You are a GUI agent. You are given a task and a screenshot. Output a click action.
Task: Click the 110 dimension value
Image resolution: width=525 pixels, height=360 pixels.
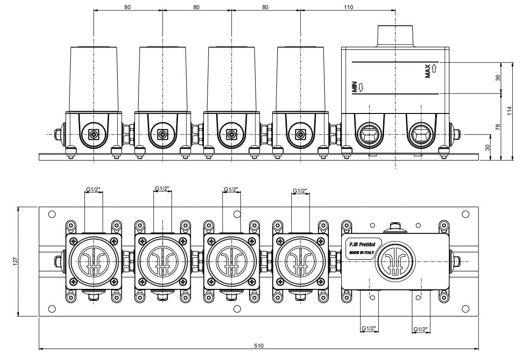[x=348, y=7]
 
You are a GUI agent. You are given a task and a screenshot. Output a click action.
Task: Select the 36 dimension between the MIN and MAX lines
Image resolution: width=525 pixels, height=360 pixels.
[x=498, y=78]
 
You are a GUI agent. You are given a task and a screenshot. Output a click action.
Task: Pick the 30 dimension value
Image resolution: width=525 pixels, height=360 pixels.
[x=487, y=147]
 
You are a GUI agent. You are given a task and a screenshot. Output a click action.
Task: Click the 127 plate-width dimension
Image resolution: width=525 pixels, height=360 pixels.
[x=15, y=261]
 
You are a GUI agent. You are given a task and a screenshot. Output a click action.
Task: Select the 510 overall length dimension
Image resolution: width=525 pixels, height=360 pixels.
[x=259, y=345]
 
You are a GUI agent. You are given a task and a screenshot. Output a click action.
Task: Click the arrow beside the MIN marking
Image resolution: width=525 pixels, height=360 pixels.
[x=361, y=87]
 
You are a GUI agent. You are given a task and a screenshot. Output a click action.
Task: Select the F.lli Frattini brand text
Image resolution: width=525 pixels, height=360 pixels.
[x=359, y=245]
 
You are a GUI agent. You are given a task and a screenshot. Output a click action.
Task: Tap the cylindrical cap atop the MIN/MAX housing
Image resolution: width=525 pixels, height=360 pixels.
[x=395, y=35]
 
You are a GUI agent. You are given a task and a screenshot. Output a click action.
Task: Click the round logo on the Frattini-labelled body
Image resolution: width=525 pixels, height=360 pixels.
[x=395, y=261]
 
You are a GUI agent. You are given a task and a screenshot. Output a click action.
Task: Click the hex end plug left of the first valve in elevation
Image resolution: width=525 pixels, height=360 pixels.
[x=58, y=134]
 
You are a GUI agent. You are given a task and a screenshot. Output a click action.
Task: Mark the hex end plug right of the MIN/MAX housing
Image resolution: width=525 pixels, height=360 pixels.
[x=456, y=134]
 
